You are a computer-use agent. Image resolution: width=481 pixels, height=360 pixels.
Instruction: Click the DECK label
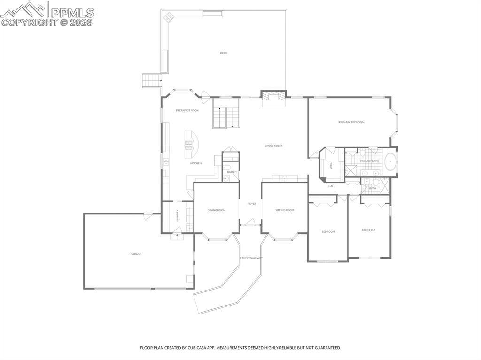click(x=224, y=53)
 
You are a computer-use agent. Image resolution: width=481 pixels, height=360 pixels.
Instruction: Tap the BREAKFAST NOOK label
click(x=187, y=110)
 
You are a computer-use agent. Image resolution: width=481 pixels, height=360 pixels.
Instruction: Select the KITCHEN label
click(x=196, y=163)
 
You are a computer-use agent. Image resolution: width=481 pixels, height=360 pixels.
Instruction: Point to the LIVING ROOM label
click(x=273, y=146)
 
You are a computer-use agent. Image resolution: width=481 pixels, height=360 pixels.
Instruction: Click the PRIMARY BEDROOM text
click(x=351, y=122)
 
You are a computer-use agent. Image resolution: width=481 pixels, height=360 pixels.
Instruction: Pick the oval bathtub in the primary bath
click(x=390, y=162)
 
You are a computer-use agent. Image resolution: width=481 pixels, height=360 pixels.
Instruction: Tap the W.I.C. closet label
click(x=331, y=166)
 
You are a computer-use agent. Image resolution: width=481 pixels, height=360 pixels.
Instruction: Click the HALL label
click(x=332, y=186)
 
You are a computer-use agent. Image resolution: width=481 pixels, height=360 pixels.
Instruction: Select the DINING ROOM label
click(x=217, y=210)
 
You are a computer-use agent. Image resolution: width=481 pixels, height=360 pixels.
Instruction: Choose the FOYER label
click(x=252, y=204)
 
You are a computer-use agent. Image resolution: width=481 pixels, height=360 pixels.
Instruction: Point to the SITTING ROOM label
click(x=285, y=210)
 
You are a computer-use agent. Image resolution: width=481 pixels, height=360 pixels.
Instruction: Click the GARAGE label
click(x=136, y=254)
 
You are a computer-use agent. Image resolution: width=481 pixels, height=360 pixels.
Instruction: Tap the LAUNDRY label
click(x=177, y=216)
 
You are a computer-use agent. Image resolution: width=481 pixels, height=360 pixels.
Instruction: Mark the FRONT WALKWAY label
click(x=251, y=258)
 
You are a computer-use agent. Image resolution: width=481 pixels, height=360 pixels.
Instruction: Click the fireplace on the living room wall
click(x=273, y=98)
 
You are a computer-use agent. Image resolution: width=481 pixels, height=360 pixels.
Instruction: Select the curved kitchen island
click(x=192, y=144)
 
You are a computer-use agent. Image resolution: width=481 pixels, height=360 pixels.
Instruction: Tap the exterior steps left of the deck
click(x=152, y=81)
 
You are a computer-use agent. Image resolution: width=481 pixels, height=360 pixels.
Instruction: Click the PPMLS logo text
click(x=72, y=12)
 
